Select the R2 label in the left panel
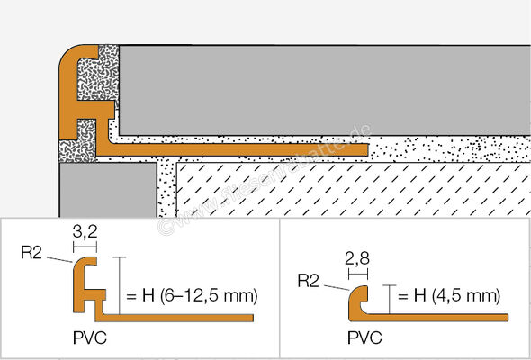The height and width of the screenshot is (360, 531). [31, 253]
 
